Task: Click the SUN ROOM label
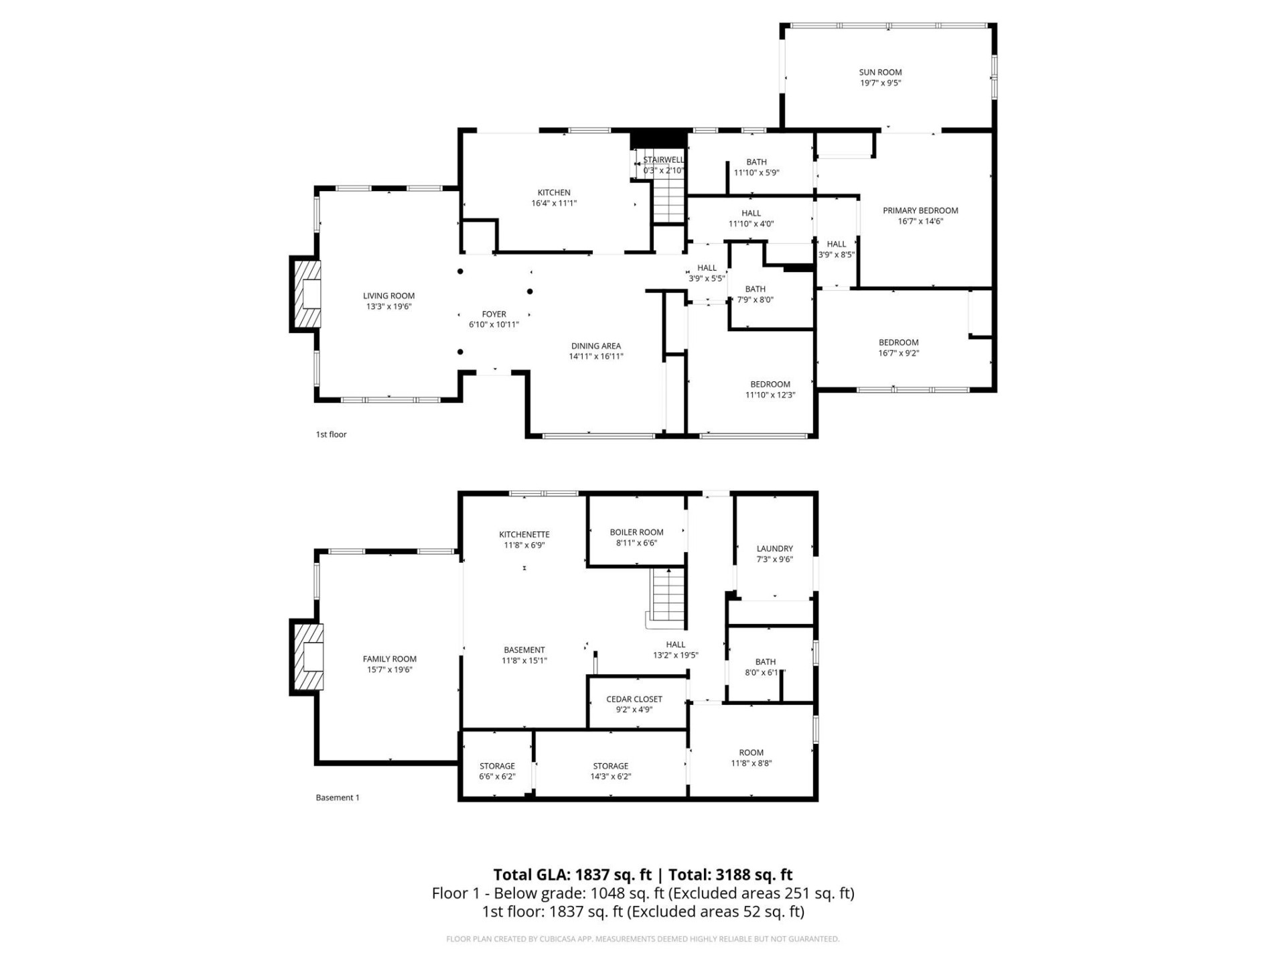880,72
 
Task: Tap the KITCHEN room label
554,193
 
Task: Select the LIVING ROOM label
388,296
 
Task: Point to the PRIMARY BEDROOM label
920,211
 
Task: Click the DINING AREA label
595,346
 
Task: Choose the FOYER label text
494,314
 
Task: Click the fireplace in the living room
307,294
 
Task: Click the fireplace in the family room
309,657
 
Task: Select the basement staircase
668,594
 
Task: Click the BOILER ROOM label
636,533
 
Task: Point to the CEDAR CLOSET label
634,700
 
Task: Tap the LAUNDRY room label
774,549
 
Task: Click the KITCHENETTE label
524,535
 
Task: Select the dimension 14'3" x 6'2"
610,777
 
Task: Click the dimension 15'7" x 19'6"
389,669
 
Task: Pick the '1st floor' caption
331,434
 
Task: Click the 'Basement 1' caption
338,797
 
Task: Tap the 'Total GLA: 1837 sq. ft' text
572,875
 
